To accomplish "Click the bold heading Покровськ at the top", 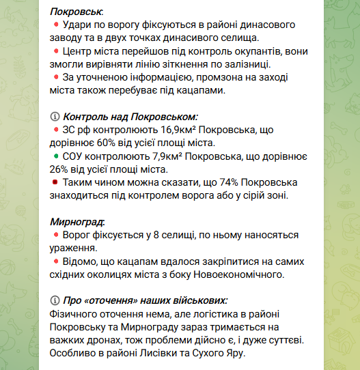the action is (x=77, y=12).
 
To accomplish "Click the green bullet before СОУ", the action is (x=56, y=156).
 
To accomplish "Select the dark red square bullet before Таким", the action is (x=56, y=182).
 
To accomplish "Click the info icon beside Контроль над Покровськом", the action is (x=55, y=117).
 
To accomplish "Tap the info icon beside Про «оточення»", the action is (x=55, y=300).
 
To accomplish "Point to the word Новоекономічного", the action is (x=239, y=274).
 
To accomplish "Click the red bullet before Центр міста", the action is (x=56, y=51).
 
